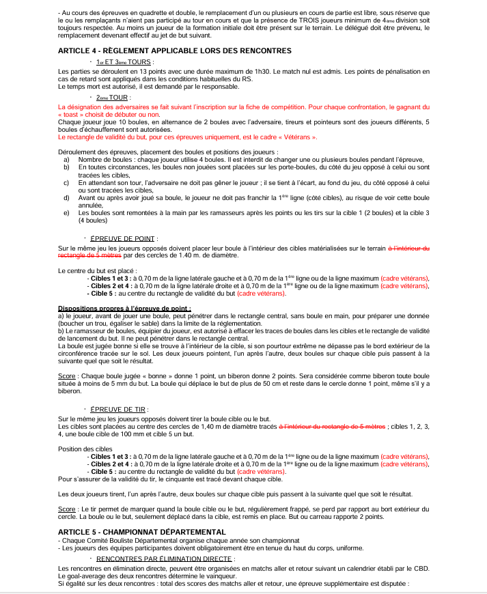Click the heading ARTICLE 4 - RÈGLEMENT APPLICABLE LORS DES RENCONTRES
[x=175, y=51]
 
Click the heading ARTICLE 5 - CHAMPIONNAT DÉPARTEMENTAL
[x=142, y=531]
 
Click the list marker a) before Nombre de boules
[x=66, y=158]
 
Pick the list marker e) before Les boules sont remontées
[x=66, y=212]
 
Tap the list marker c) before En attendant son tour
[x=66, y=182]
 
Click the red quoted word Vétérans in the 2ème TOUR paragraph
[x=302, y=137]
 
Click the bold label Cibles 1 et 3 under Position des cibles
[x=111, y=456]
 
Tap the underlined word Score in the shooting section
[x=66, y=509]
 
